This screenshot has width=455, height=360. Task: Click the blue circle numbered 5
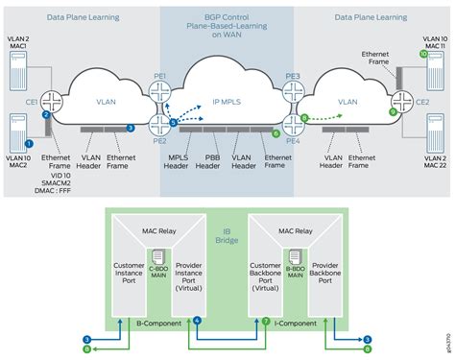[x=173, y=123]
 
